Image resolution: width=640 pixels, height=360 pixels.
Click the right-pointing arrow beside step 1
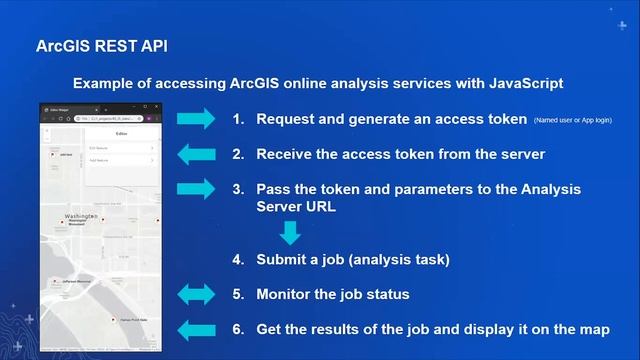[x=196, y=119]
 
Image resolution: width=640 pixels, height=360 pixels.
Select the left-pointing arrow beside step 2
[x=196, y=154]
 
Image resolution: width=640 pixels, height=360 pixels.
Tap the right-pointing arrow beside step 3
[x=196, y=188]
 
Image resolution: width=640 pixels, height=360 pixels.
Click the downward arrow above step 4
[x=290, y=233]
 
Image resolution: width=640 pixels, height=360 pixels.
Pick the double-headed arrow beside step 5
[x=196, y=294]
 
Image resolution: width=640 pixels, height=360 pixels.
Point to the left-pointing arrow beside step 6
[x=196, y=329]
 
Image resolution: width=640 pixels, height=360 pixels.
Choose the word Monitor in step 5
[x=285, y=294]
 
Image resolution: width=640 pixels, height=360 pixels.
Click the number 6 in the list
[x=237, y=329]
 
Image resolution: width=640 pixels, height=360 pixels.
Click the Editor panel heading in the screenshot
[x=121, y=132]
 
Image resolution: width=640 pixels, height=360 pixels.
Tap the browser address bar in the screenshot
[x=105, y=118]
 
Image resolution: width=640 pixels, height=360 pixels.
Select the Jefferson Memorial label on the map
[x=76, y=282]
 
